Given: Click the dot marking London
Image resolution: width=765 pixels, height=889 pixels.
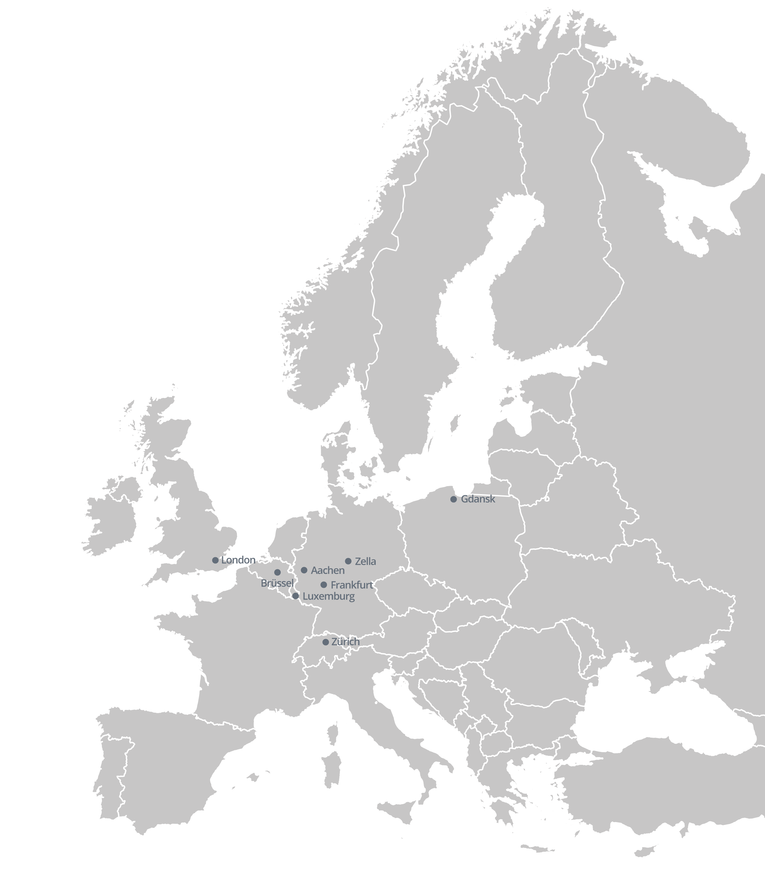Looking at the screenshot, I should tap(215, 560).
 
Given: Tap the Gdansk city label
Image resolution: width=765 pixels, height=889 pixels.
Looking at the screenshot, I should tap(478, 499).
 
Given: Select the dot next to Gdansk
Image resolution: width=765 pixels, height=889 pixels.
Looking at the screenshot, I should tap(453, 499).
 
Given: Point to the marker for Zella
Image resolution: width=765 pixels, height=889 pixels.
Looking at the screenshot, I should tap(348, 561).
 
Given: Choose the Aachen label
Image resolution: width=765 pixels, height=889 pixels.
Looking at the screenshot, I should tap(328, 571).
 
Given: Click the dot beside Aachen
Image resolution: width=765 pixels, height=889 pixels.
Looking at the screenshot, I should tap(304, 570).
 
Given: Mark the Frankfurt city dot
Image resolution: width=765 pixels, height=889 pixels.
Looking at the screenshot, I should tap(324, 585).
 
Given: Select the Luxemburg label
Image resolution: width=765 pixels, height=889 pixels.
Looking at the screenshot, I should tap(329, 596).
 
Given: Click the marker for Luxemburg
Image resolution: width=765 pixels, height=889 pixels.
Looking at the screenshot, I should tap(295, 596).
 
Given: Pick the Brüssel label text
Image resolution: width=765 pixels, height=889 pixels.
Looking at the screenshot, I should tap(277, 584).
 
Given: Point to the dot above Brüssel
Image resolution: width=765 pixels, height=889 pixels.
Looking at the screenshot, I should tap(277, 572).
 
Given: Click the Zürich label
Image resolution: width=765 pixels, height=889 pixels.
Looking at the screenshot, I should tap(345, 642).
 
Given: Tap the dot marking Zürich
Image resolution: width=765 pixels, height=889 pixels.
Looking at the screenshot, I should tap(325, 642).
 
